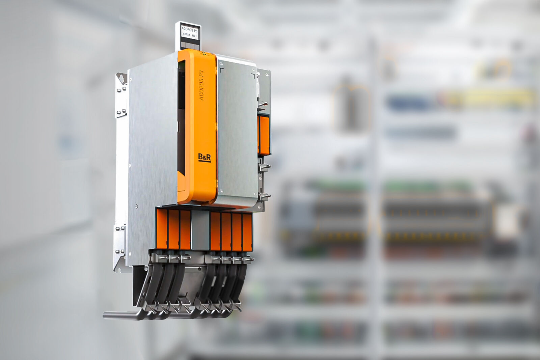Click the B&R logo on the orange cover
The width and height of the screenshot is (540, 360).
tap(204, 157)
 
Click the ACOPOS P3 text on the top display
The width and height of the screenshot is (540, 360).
tap(188, 29)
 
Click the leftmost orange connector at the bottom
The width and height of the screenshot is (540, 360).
tap(162, 230)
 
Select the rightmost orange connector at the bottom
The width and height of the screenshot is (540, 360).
tap(247, 232)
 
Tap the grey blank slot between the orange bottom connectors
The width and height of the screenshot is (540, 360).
tap(200, 231)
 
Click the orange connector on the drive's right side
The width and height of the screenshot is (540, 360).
tap(264, 134)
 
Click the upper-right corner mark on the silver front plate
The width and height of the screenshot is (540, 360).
tap(253, 73)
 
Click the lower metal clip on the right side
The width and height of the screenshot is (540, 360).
tap(265, 195)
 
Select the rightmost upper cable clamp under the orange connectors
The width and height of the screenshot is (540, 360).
tap(248, 259)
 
